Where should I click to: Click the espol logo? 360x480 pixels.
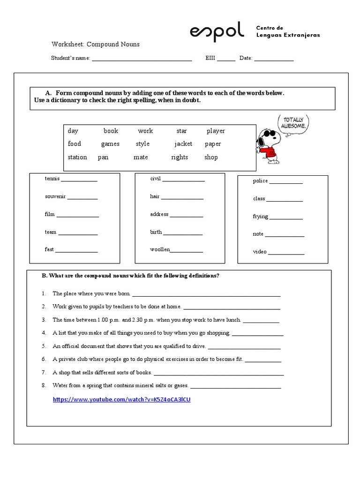(217, 31)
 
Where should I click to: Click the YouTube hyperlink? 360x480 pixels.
(121, 399)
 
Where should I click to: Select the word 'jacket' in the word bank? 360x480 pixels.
(183, 144)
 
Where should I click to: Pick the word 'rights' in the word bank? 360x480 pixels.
(180, 157)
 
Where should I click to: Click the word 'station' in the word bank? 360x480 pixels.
(77, 157)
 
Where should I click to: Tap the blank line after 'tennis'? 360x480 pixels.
(79, 180)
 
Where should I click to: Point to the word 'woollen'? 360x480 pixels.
(160, 249)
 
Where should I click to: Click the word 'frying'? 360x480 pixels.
(261, 217)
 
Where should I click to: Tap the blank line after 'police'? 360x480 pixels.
(286, 182)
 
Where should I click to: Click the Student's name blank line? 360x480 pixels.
(142, 60)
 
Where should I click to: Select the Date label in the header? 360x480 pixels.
(246, 58)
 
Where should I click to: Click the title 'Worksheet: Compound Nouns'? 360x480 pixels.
(96, 44)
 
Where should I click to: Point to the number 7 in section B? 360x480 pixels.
(44, 373)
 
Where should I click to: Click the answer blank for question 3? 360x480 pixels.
(261, 321)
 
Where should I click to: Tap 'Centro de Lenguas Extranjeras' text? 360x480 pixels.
(288, 31)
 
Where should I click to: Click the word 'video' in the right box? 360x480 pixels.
(260, 252)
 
